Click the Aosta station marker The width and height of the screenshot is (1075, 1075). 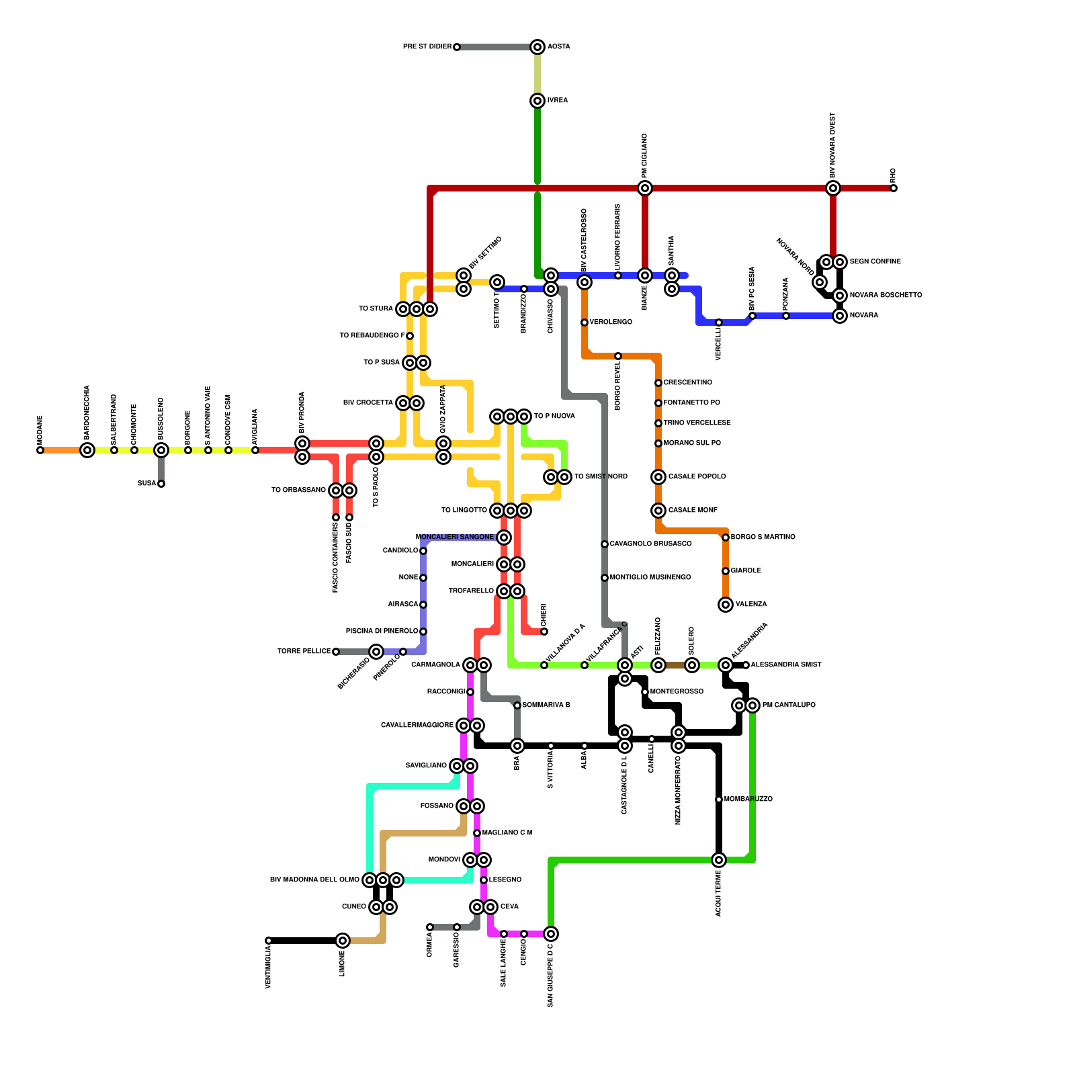537,47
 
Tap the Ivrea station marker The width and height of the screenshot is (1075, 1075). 537,101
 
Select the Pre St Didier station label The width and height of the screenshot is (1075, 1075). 427,47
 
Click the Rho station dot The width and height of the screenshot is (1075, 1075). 894,188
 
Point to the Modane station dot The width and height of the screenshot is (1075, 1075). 40,450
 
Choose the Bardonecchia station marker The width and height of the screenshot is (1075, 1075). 87,450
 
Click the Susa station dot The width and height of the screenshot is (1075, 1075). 161,484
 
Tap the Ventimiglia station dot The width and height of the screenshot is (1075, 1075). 269,941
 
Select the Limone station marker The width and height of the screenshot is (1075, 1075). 343,941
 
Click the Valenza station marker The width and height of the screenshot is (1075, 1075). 726,605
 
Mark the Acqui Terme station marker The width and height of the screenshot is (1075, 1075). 719,860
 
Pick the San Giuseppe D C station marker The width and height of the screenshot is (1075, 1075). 551,934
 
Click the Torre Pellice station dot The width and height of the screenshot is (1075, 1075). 336,652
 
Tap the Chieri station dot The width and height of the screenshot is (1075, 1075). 544,632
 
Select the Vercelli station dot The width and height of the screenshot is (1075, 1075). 719,322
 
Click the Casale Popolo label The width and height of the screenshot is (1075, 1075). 697,477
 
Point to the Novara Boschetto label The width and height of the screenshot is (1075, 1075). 886,296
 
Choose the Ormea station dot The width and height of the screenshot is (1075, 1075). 430,927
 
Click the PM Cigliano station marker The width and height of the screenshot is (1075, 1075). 645,188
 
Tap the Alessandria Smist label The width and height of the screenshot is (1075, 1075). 786,665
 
